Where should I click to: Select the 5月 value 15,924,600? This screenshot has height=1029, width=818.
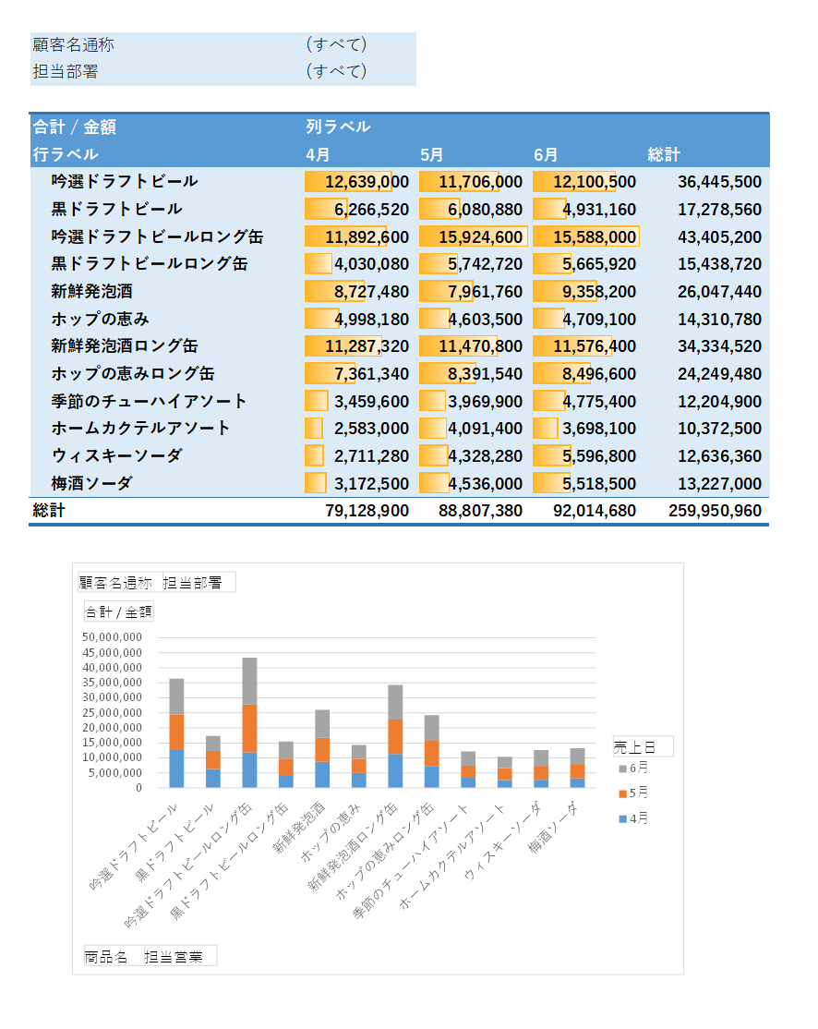[x=481, y=236]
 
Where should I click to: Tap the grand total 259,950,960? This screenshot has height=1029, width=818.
[x=715, y=511]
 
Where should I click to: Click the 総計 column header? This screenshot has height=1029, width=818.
[x=664, y=155]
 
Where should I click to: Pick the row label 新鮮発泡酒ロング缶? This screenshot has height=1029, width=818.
[x=125, y=345]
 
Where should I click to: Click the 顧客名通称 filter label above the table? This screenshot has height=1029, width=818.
[x=74, y=44]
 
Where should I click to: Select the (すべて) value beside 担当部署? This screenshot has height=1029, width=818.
[x=336, y=71]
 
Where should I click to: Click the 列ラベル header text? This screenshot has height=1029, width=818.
[x=338, y=127]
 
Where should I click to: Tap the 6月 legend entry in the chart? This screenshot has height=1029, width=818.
[x=633, y=768]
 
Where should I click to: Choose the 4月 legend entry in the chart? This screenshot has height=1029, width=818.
[x=633, y=818]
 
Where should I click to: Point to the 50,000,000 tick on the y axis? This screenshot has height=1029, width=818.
[x=112, y=637]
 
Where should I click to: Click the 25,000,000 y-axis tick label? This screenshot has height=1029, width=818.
[x=112, y=713]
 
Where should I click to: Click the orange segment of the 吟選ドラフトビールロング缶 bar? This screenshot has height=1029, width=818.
[x=249, y=729]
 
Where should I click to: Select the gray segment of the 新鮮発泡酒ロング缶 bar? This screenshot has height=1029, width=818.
[x=395, y=702]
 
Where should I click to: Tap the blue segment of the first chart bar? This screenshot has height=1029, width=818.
[x=176, y=769]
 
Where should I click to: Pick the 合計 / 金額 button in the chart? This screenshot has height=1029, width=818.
[x=119, y=611]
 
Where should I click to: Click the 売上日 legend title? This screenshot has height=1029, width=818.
[x=634, y=747]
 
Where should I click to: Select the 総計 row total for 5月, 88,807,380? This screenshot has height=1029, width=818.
[x=481, y=511]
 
